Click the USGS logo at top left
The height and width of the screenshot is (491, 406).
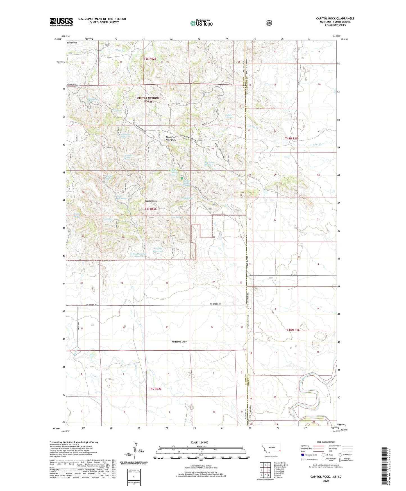click(x=61, y=22)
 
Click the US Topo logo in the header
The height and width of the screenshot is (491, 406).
click(x=201, y=23)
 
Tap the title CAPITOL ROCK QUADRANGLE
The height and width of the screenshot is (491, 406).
click(x=335, y=19)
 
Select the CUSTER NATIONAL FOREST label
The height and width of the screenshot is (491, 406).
click(x=149, y=100)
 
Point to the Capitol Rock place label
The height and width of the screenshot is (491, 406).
click(x=151, y=201)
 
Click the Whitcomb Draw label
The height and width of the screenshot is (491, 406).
click(x=179, y=342)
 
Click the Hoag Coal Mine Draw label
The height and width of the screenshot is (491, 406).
click(x=171, y=138)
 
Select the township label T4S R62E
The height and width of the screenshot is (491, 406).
click(x=155, y=389)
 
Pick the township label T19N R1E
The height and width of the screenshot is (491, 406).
click(x=291, y=139)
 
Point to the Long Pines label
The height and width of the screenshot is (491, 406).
click(x=72, y=43)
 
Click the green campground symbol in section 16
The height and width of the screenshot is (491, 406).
click(x=182, y=178)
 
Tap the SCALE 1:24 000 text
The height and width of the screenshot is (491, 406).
click(x=199, y=442)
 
